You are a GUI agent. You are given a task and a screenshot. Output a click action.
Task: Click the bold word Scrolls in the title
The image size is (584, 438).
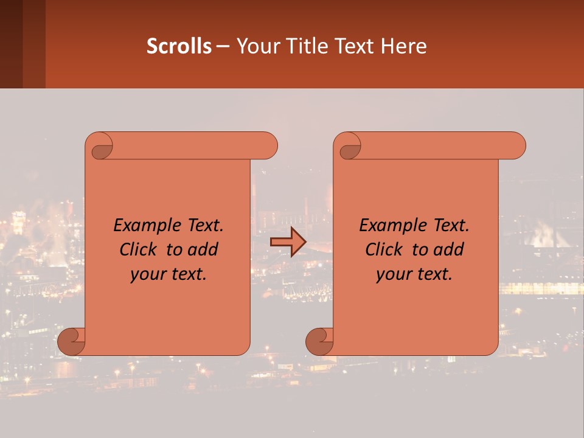click(x=179, y=46)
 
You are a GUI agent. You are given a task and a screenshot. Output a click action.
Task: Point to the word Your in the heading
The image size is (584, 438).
click(x=255, y=46)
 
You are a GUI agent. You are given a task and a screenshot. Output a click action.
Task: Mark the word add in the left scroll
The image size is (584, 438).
click(x=203, y=249)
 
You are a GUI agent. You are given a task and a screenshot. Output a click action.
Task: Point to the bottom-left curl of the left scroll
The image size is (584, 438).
click(x=72, y=341)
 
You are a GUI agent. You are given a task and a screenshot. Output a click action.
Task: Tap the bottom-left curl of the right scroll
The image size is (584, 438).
click(x=319, y=341)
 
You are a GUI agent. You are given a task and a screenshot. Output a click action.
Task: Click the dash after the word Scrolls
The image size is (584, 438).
click(x=223, y=46)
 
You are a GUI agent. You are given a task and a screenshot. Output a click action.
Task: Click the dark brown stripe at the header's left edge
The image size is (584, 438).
click(x=11, y=44)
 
